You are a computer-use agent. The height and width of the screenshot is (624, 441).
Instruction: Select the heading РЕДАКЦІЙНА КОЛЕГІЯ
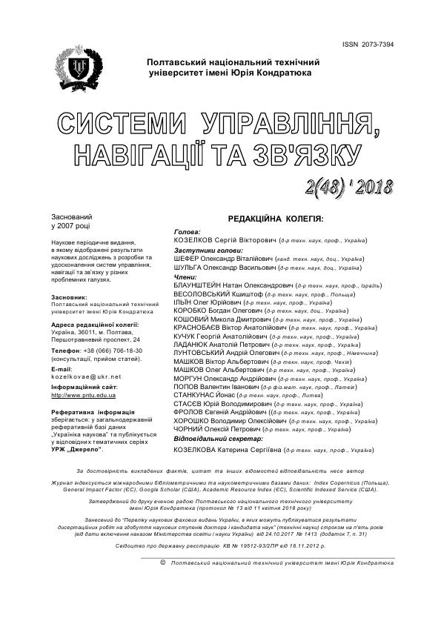click(278, 220)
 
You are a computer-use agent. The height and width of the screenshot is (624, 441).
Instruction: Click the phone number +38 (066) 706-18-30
click(110, 350)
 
